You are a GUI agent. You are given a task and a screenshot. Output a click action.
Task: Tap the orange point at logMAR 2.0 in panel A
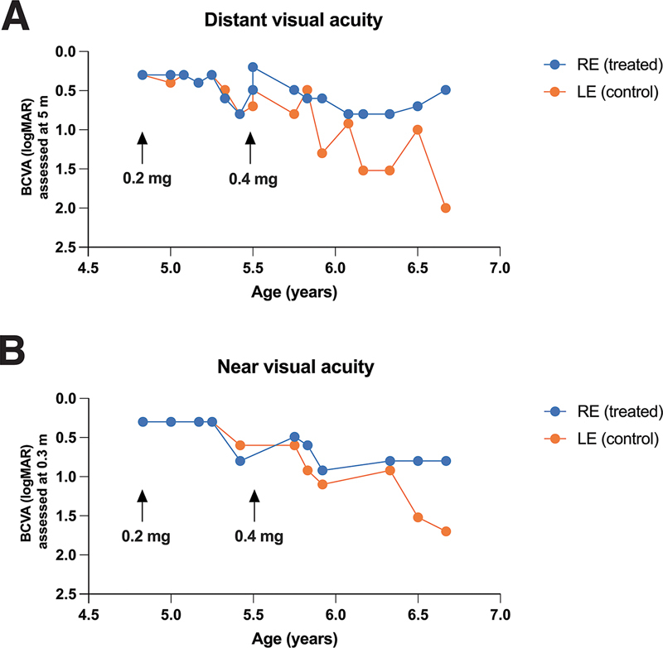click(446, 208)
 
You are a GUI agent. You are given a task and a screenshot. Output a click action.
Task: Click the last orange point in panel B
click(446, 531)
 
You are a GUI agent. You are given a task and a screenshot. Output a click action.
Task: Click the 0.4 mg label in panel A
click(254, 177)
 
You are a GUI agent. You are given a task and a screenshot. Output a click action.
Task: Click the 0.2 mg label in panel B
click(147, 536)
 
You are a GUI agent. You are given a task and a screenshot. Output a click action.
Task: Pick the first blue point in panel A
click(143, 74)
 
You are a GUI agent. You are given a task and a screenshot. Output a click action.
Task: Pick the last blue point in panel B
click(446, 461)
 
